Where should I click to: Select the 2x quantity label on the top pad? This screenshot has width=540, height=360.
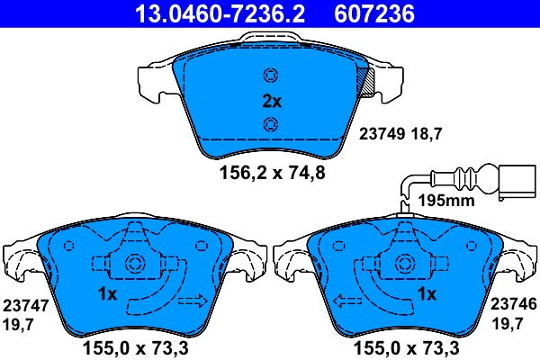(x=271, y=102)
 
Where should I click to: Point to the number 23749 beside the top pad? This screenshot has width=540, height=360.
(x=382, y=132)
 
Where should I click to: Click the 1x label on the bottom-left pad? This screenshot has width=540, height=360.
(x=107, y=294)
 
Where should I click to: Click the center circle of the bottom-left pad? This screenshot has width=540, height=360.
(x=135, y=265)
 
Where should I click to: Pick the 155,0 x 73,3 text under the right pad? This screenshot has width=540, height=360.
(x=396, y=346)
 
